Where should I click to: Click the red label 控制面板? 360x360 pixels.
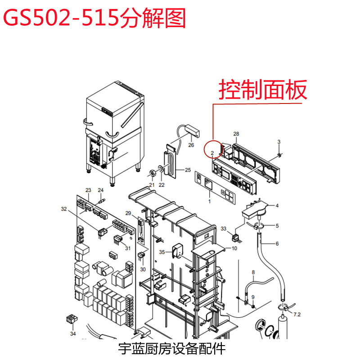point(263,90)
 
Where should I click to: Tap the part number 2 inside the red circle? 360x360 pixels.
point(212,153)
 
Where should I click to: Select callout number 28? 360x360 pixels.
point(236,134)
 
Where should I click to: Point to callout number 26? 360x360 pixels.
point(191,145)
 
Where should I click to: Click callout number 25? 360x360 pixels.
point(188,170)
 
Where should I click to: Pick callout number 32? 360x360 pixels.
point(63,209)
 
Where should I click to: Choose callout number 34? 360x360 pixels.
point(73,334)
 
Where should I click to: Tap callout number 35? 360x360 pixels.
point(162,252)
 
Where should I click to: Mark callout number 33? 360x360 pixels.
point(224,229)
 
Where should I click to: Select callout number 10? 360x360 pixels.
point(234,248)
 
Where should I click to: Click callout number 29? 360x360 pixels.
point(128,213)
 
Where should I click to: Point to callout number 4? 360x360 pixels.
point(277,206)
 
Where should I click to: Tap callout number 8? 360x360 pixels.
point(253,272)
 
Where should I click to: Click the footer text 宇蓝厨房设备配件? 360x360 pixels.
point(171,348)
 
